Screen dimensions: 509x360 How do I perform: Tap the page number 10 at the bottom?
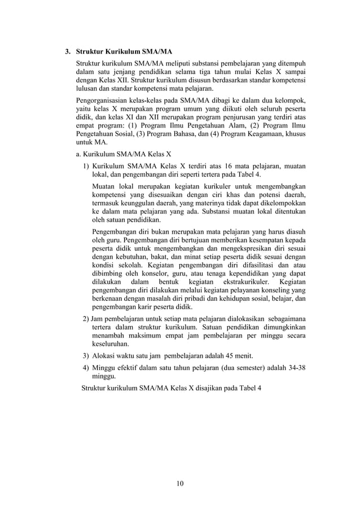coord(180,483)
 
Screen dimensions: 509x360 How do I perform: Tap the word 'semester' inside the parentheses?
coord(247,367)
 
